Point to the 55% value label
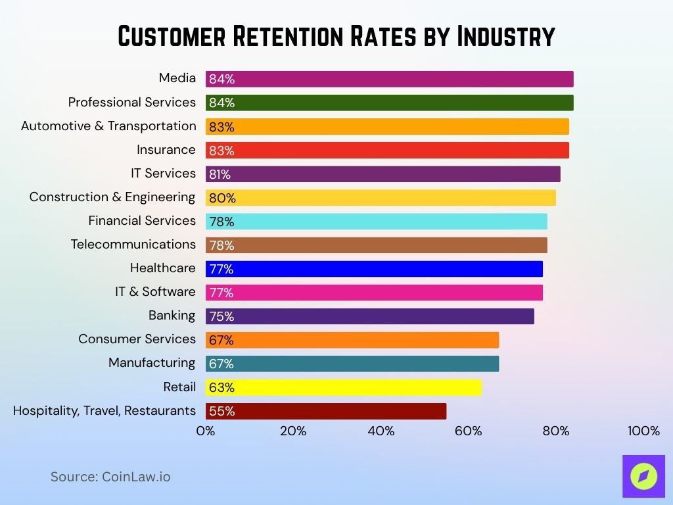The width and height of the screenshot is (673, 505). [221, 412]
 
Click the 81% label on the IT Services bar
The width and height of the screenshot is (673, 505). [220, 175]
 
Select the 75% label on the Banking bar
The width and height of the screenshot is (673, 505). [221, 317]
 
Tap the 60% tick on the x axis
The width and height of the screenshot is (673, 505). [468, 431]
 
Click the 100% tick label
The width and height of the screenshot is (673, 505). [643, 431]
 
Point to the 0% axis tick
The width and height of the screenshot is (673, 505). [206, 431]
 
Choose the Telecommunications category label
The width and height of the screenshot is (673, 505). [133, 245]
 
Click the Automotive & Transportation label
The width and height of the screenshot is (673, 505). [108, 126]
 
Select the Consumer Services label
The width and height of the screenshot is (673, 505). [137, 339]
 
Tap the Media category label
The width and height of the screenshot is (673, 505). [177, 78]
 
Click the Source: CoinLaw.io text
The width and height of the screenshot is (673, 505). [110, 477]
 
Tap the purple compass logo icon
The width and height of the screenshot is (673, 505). [643, 476]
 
